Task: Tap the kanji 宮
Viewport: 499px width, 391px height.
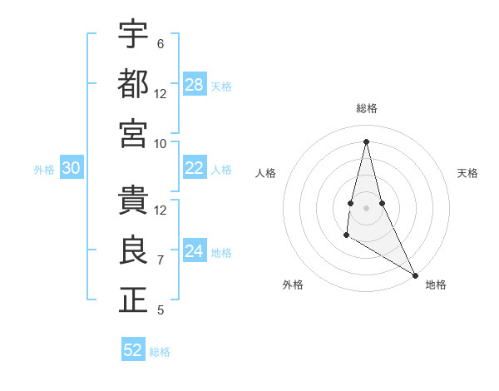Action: tap(133, 133)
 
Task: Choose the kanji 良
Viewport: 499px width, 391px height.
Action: tap(133, 251)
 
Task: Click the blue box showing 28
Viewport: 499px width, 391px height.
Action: tap(195, 85)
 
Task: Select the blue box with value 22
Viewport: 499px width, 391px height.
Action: tap(195, 168)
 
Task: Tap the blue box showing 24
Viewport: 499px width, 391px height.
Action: tap(195, 252)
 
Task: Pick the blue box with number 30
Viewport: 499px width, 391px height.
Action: tap(71, 169)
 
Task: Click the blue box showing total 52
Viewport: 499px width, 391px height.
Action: tap(133, 350)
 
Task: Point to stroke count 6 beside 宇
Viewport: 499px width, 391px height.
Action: tap(161, 43)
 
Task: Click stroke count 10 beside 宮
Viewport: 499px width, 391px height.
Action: tap(161, 143)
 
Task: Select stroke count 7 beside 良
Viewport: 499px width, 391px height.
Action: tap(161, 260)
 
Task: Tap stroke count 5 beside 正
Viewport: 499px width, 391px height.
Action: tap(161, 310)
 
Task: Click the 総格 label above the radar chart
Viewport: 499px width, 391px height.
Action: tap(366, 109)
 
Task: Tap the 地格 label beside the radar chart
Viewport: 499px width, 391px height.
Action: tap(436, 285)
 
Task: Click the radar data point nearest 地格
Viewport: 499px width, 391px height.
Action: tap(416, 275)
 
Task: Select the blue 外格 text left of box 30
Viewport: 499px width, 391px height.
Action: tap(44, 170)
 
